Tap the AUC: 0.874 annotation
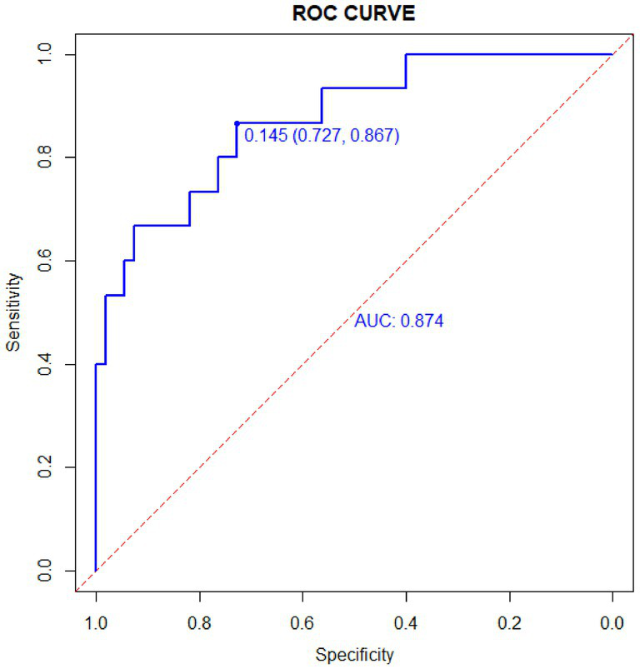point(398,321)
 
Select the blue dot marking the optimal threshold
point(237,123)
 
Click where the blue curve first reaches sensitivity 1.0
point(406,54)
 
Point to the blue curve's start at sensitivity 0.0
point(96,571)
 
